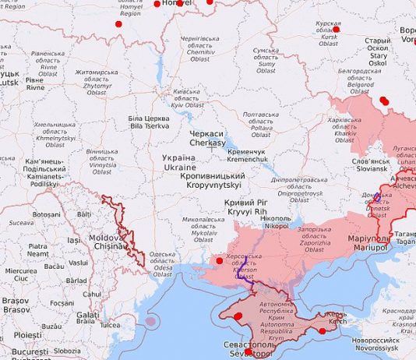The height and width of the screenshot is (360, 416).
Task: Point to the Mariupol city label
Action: pyautogui.click(x=368, y=242)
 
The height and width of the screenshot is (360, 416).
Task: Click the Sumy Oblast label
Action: pyautogui.click(x=266, y=60)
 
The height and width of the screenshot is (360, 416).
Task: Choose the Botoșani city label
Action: pyautogui.click(x=46, y=214)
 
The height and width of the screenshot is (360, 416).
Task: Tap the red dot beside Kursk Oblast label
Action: pyautogui.click(x=347, y=28)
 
